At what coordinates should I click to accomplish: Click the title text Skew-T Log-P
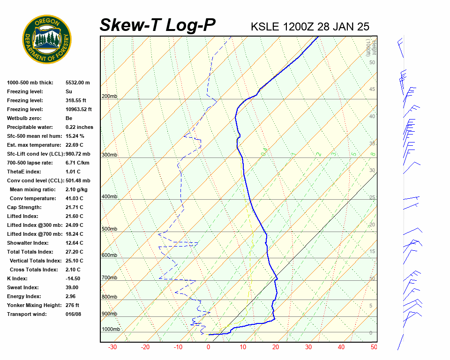157,25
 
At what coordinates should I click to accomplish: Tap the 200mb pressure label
109,97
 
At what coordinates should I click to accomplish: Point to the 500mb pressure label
109,229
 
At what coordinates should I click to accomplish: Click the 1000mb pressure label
111,330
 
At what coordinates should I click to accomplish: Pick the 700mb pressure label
109,278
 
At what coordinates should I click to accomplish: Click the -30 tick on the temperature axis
112,347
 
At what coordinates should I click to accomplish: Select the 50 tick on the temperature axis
374,347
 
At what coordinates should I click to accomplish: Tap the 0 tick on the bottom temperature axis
209,347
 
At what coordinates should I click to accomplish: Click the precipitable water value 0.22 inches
79,127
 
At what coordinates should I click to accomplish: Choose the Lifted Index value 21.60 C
74,216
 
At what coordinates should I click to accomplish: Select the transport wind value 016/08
73,314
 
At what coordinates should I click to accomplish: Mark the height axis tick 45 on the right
372,90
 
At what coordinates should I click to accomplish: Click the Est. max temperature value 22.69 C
74,145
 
